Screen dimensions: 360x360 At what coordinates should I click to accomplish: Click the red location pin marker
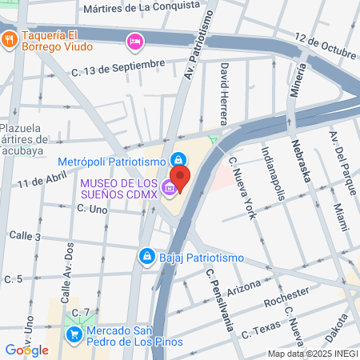[x=181, y=178]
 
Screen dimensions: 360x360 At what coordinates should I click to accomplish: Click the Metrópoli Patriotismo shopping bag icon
[x=181, y=158]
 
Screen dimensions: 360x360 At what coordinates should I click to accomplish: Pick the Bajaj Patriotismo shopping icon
[x=146, y=256]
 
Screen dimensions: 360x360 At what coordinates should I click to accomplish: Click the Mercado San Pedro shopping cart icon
[x=74, y=334]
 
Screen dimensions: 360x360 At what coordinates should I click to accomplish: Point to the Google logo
[x=27, y=350]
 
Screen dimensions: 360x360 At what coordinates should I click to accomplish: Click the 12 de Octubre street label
[x=324, y=45]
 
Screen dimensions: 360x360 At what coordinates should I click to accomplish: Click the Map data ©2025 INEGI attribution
[x=312, y=354]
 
